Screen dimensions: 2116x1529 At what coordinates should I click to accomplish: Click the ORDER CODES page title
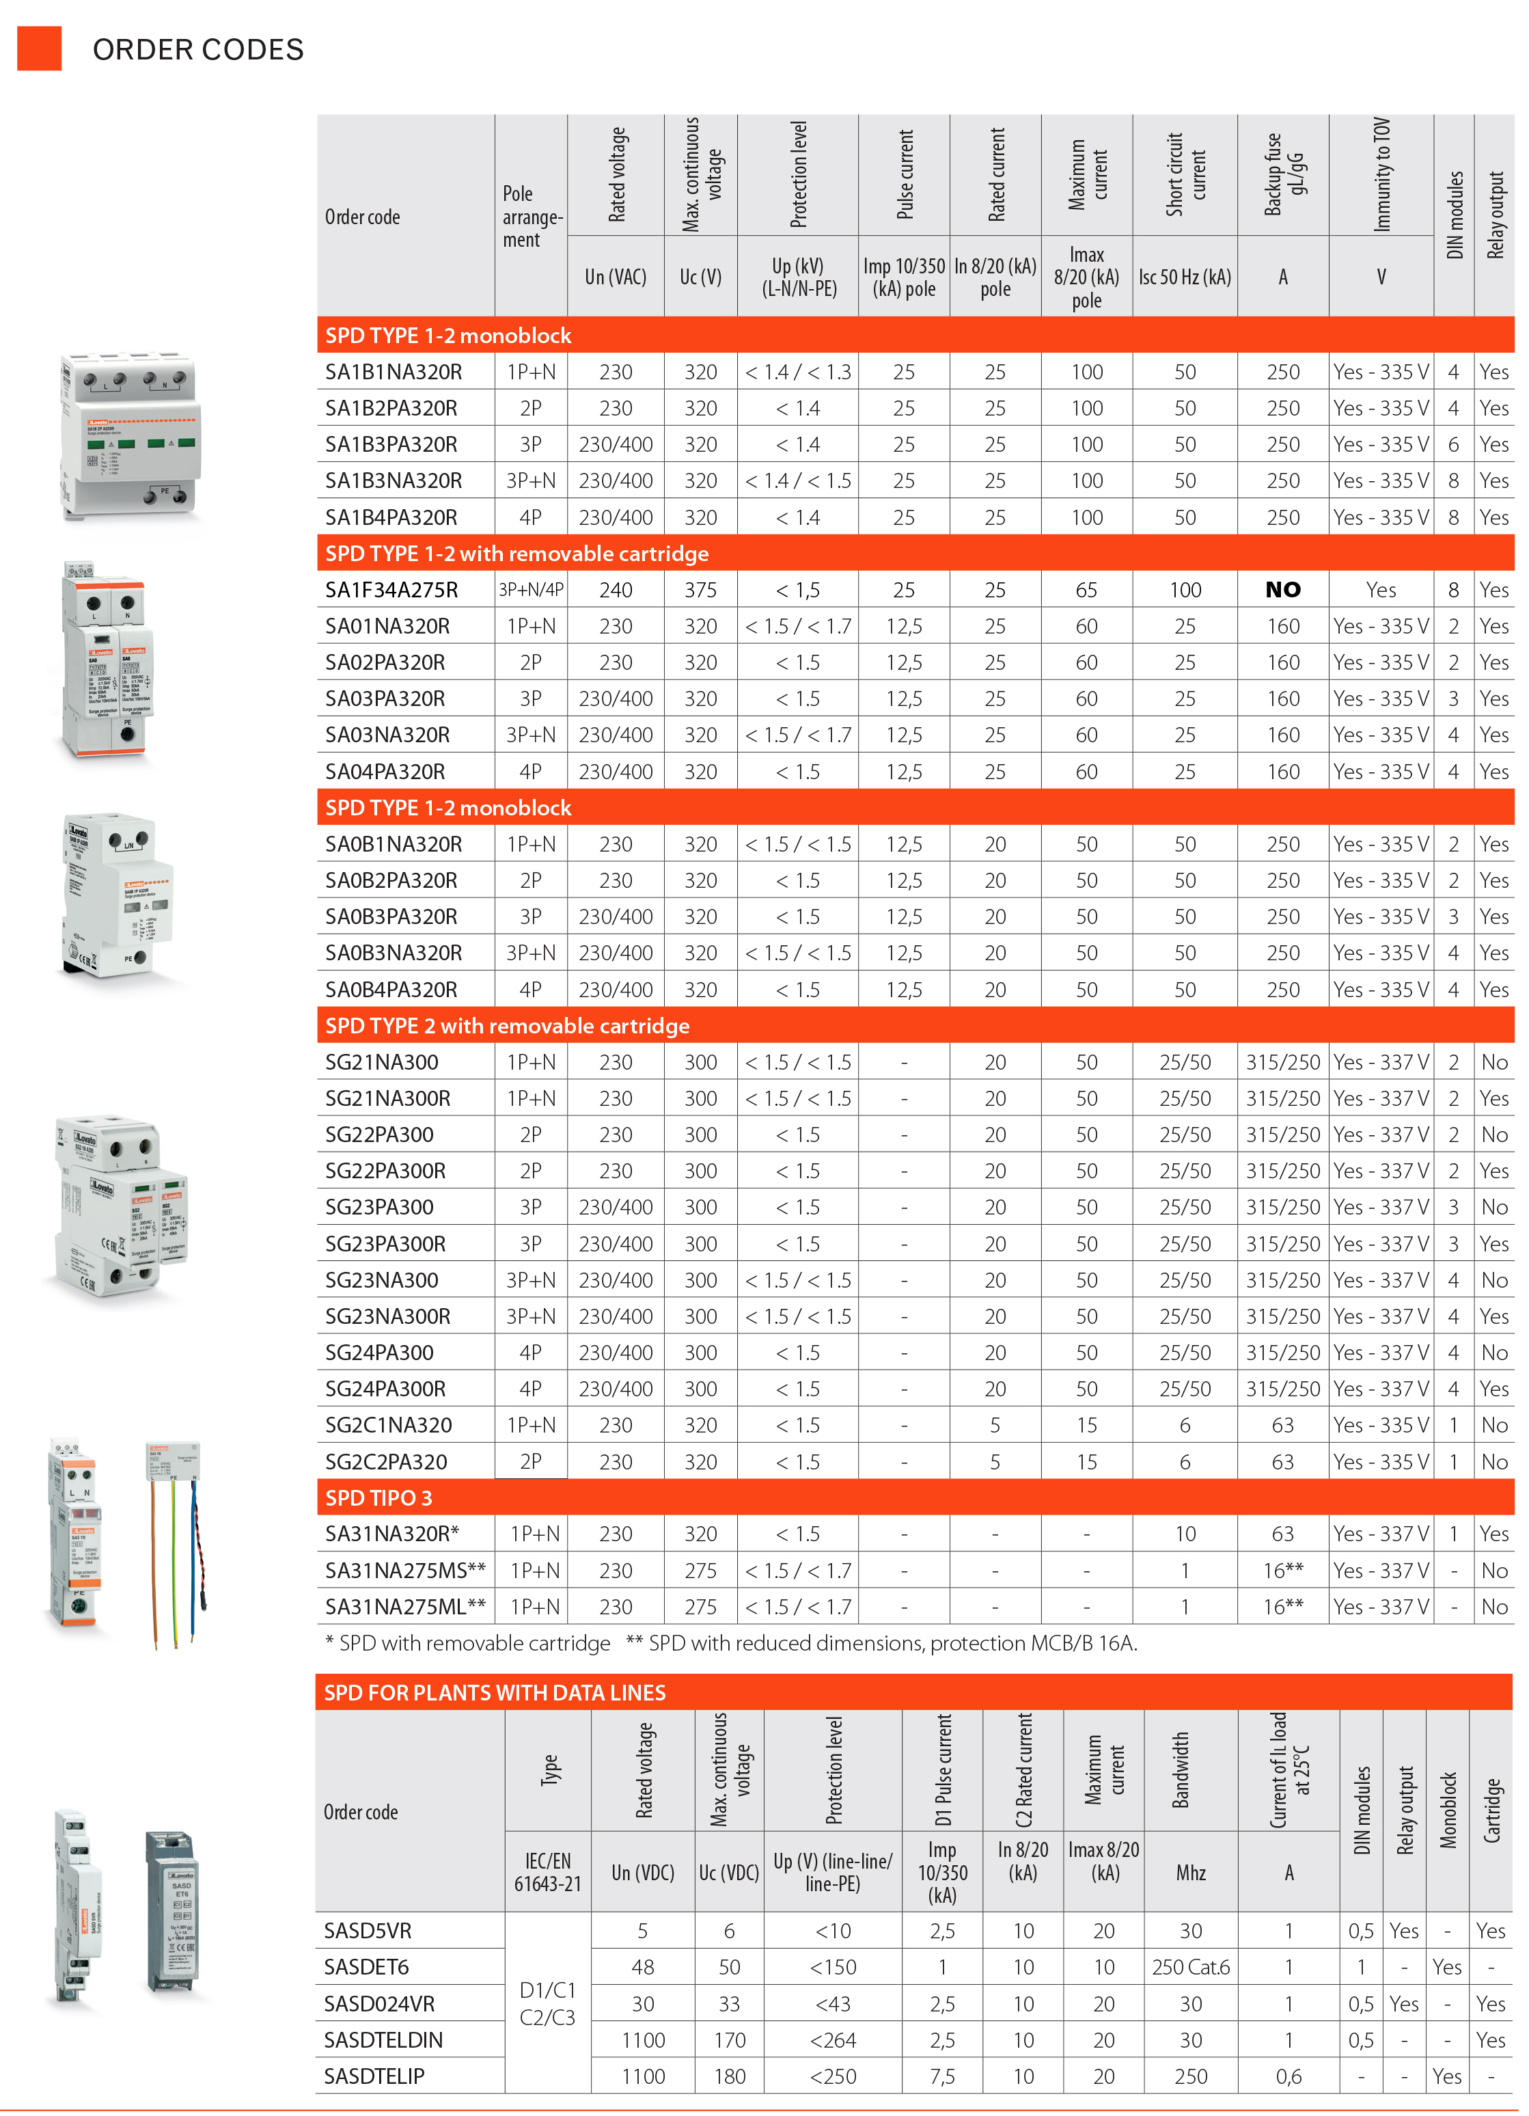coord(197,49)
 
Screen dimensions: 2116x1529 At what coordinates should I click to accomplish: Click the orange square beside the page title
coord(39,49)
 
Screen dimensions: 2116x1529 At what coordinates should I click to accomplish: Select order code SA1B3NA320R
coord(393,480)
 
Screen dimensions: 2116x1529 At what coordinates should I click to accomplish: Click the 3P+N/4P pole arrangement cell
coord(530,590)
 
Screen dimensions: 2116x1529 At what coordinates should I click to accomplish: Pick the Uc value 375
coord(700,590)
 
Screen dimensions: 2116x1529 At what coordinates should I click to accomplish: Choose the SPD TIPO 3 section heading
coord(378,1497)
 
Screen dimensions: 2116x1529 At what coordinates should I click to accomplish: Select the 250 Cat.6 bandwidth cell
coord(1190,1967)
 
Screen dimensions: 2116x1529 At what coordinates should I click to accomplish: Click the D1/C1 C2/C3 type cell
coord(548,2003)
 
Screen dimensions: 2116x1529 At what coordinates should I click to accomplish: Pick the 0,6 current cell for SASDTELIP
coord(1289,2076)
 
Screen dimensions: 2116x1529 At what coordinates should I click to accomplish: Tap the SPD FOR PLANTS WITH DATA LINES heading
coord(495,1692)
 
